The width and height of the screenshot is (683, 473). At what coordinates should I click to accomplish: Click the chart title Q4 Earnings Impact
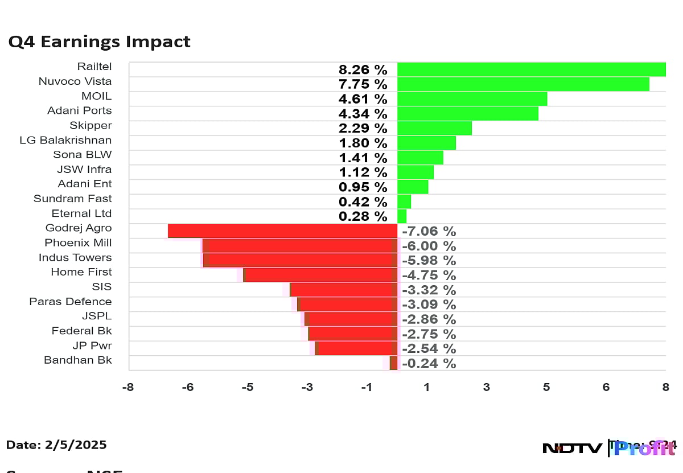click(99, 42)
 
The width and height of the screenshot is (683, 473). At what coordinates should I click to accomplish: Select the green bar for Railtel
click(531, 69)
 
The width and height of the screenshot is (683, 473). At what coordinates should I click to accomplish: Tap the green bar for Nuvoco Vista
click(523, 84)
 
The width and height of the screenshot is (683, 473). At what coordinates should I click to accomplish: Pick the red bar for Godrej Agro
click(282, 231)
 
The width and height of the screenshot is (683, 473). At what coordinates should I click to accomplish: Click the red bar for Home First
click(320, 275)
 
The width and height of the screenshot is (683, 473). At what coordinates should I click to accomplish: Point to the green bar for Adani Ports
click(467, 113)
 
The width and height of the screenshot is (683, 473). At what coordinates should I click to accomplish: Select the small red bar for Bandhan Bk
click(393, 363)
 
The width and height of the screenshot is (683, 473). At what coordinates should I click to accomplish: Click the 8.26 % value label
click(363, 70)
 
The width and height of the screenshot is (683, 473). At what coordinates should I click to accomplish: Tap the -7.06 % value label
click(429, 232)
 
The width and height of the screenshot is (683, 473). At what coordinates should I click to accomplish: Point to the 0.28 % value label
click(363, 217)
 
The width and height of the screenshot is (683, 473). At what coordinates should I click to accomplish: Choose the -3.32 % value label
click(429, 290)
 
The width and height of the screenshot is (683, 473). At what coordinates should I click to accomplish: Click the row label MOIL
click(96, 96)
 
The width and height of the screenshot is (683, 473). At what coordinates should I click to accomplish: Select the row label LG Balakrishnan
click(65, 140)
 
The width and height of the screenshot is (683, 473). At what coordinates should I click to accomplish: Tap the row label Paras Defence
click(71, 302)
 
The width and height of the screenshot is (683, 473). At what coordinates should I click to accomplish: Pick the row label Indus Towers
click(75, 257)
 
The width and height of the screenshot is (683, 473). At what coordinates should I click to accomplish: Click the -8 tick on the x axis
click(128, 388)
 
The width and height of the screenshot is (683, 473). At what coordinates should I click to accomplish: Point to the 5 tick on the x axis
click(546, 388)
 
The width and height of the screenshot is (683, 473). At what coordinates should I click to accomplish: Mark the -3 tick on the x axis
click(307, 388)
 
